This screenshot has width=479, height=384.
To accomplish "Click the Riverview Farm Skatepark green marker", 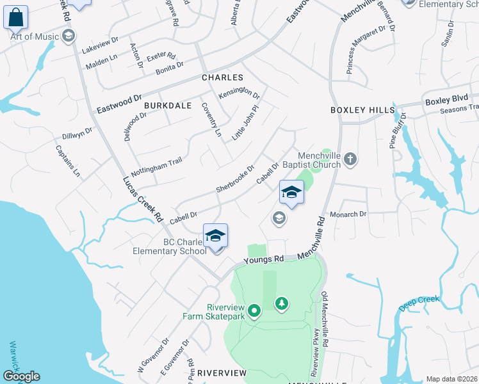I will click(x=254, y=312).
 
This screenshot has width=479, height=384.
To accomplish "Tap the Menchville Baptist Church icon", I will click(x=350, y=159).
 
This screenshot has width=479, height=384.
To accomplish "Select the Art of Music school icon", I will click(x=68, y=36).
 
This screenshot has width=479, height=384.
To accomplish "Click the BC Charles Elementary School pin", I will click(x=216, y=236).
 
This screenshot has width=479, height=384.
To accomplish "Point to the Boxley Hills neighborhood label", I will click(x=362, y=110).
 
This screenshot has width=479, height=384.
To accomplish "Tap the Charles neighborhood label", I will click(x=223, y=77).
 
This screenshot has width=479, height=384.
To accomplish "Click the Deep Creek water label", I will click(x=419, y=301).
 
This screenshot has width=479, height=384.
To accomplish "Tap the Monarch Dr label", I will click(x=348, y=214).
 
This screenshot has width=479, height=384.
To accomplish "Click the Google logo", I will click(x=21, y=376).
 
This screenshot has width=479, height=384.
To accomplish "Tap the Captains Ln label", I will click(x=67, y=161).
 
